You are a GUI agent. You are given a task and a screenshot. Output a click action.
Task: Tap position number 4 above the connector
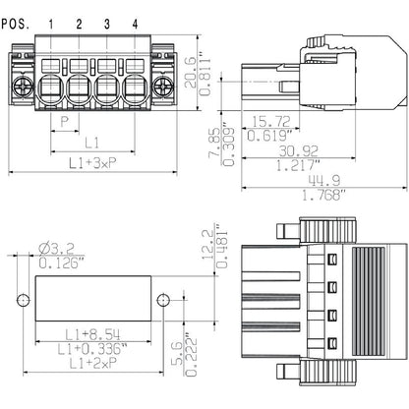click(x=134, y=22)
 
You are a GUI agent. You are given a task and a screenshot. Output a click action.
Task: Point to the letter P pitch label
click(x=65, y=123)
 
